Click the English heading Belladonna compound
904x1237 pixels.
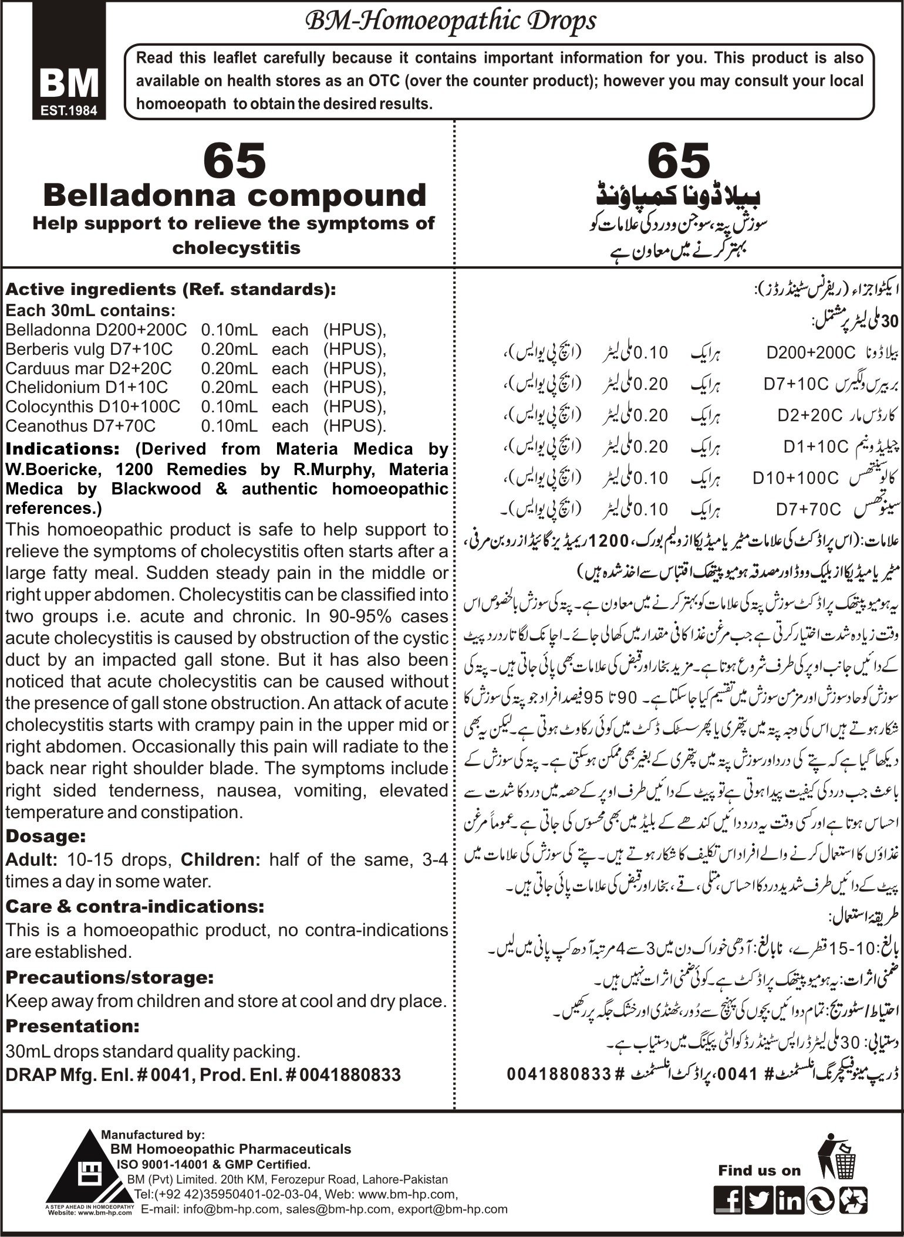click(x=235, y=195)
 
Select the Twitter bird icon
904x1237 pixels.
click(x=760, y=1200)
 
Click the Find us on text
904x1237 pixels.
click(x=759, y=1170)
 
